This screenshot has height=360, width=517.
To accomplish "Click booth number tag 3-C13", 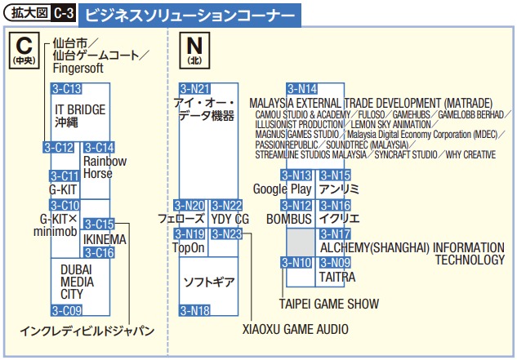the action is (x=67, y=89).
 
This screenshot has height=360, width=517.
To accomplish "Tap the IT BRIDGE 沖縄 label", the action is (x=80, y=116).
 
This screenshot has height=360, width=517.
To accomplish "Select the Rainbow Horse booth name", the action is (x=105, y=167).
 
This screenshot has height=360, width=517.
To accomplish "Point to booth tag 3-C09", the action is (x=67, y=310).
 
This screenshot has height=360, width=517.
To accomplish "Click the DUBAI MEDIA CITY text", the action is (x=77, y=282).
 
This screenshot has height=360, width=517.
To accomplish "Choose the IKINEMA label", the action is (x=105, y=240).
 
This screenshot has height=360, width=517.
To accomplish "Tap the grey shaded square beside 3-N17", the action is (x=301, y=242).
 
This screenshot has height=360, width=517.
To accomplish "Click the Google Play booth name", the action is (x=283, y=189).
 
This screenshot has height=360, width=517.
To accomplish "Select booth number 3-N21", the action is (x=195, y=89).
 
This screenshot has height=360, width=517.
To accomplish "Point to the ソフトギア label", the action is (x=209, y=282).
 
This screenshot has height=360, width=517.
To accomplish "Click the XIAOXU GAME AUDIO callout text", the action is (x=296, y=329).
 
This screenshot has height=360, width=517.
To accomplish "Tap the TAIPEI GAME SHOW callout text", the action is (x=329, y=304).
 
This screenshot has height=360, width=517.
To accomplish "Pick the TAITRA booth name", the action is (x=337, y=277).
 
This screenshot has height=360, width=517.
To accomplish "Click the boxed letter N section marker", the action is (x=194, y=51).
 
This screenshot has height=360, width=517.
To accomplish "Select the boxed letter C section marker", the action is (x=25, y=51).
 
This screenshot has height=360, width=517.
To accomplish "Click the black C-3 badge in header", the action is (x=64, y=13).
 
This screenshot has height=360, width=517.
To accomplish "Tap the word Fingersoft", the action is (x=78, y=69).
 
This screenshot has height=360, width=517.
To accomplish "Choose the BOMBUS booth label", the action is (x=289, y=220).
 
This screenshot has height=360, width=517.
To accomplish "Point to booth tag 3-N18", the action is (x=195, y=310).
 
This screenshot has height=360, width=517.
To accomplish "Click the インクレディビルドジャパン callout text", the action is (x=87, y=331).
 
